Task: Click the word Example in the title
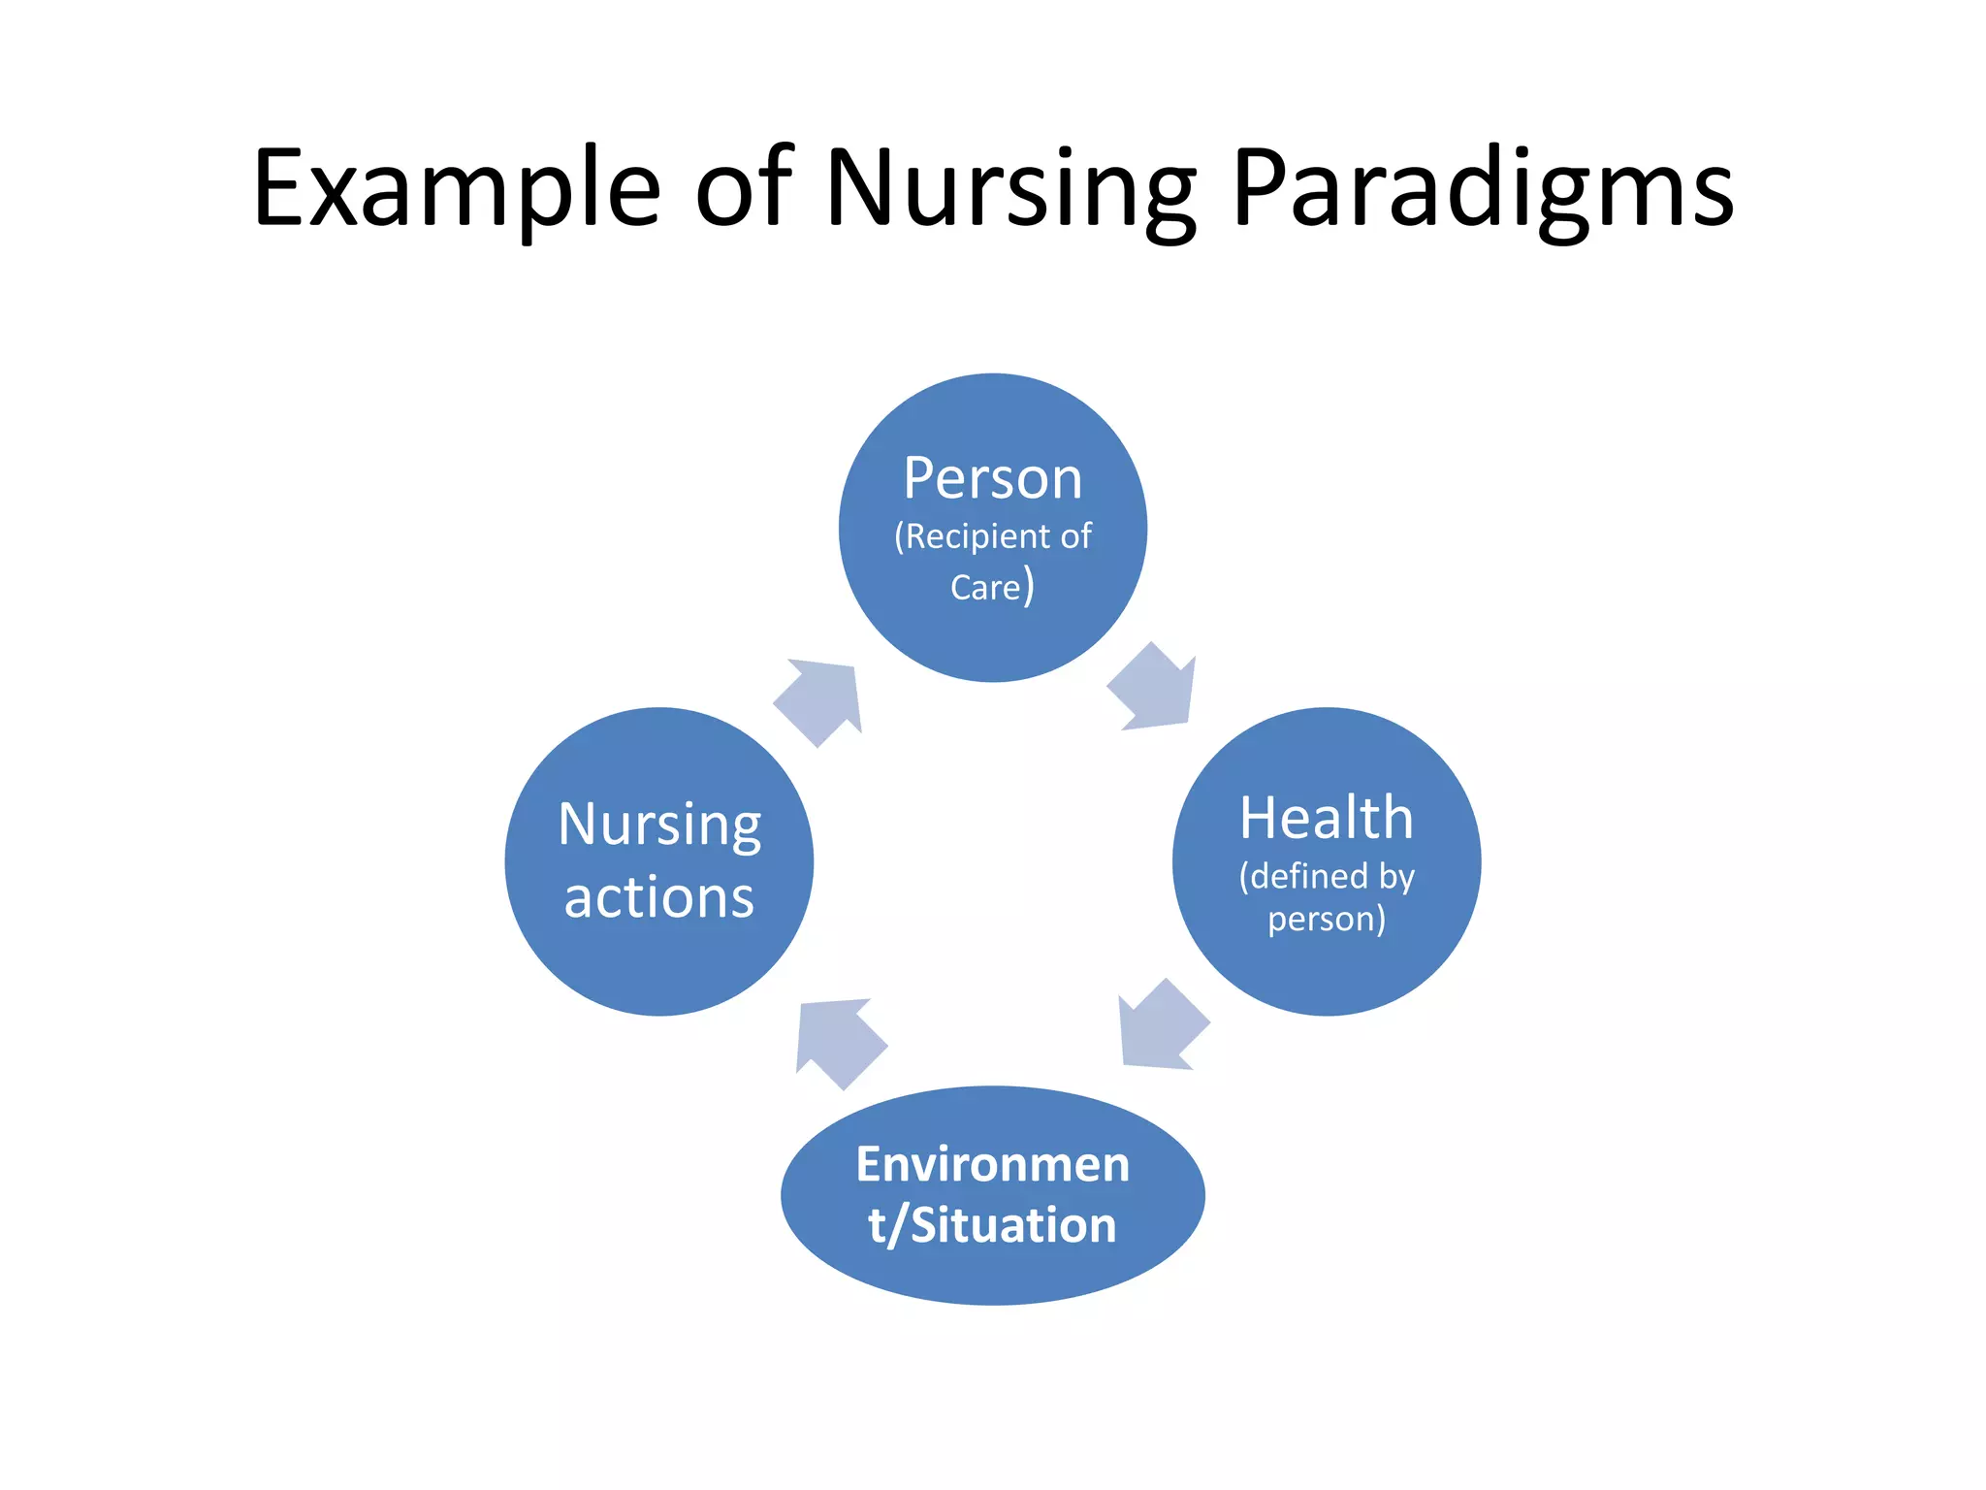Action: [x=456, y=189]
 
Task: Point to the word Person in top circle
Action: [x=992, y=478]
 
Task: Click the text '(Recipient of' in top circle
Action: [x=992, y=536]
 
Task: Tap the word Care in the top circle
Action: [x=985, y=588]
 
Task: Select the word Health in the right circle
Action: [x=1326, y=818]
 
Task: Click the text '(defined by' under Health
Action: [x=1326, y=877]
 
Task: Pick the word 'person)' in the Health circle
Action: [x=1326, y=919]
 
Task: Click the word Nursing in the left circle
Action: [x=659, y=826]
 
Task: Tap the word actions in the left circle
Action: [x=659, y=897]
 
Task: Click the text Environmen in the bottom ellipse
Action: [x=992, y=1164]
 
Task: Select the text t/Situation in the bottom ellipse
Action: [x=992, y=1225]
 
